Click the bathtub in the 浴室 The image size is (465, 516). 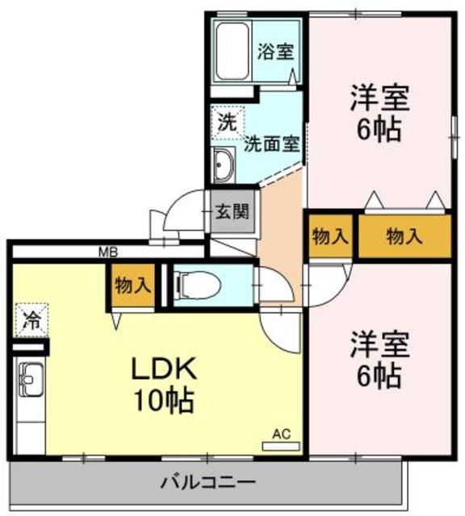click(x=232, y=50)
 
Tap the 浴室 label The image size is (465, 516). click(x=275, y=52)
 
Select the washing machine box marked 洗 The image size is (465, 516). click(x=227, y=123)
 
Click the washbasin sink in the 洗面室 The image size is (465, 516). click(x=224, y=167)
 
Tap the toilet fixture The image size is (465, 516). click(x=189, y=284)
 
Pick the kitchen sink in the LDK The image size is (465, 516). click(x=31, y=379)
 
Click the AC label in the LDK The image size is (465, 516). click(x=280, y=434)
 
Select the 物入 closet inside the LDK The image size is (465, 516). click(x=132, y=286)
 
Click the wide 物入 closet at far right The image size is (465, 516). click(x=404, y=236)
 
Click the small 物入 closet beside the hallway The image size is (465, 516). click(x=329, y=236)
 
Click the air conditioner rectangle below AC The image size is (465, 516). click(x=280, y=445)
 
